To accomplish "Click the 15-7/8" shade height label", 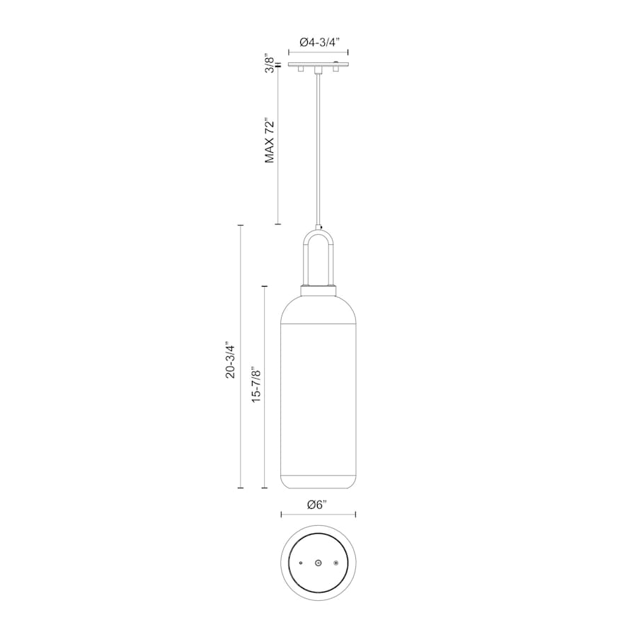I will click(256, 386).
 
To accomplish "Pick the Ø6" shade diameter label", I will click(318, 505).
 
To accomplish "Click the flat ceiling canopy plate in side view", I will click(318, 66).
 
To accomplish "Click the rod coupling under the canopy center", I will click(318, 71).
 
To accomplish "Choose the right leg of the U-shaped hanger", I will click(330, 262).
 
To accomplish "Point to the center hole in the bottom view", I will click(318, 563).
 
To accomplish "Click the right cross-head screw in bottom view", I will click(336, 563).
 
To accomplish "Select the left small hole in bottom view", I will click(301, 563).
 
